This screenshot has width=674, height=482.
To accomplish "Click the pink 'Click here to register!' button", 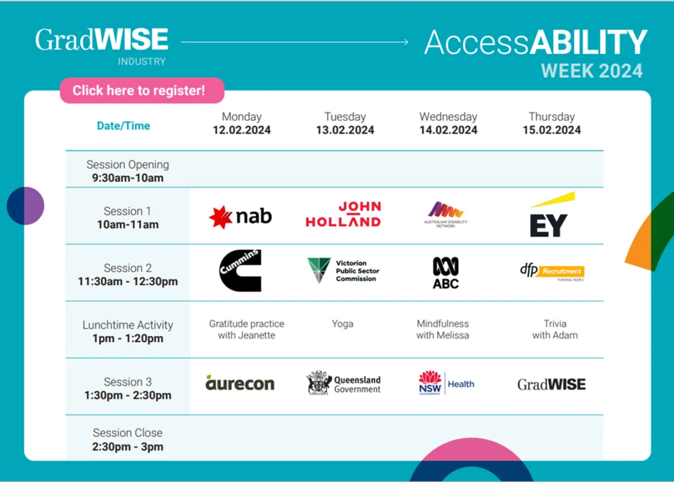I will coord(142,90).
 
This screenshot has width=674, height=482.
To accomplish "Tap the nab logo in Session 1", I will coord(240,217).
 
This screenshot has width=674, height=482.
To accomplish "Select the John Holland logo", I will coord(343,215).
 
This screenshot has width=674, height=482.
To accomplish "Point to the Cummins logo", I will coord(240,271).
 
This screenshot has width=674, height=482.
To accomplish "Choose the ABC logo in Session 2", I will coord(445,272).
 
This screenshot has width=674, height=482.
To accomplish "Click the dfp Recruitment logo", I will coord(552,271).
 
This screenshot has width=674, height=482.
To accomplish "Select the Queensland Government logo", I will coord(343,383).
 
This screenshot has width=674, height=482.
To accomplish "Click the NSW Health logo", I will coord(446,383).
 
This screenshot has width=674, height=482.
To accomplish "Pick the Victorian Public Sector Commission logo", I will coord(343,271).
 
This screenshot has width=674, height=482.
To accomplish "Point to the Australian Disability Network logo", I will coord(446,214).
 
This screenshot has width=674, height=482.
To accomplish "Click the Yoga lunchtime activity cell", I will coord(343,324).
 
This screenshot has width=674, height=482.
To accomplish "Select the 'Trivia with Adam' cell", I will coord(554,330).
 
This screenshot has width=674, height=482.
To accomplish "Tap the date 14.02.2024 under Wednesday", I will coord(448,130).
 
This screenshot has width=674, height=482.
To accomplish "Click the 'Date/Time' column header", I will coord(124,126).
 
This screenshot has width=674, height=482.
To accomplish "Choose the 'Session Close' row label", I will coord(127,433).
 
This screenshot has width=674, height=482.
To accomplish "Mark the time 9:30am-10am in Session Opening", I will coord(127,178).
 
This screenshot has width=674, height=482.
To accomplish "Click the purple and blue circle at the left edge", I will coord(26,206).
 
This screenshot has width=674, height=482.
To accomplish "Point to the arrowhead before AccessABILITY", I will coord(406,42).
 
